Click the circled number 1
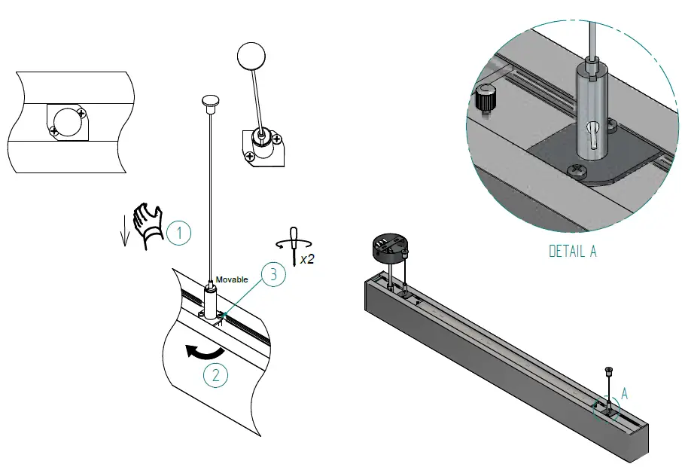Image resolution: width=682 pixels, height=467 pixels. coord(179,233)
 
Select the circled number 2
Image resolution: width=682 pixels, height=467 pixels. coord(215,375)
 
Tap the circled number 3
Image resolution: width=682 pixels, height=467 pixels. coord(273,275)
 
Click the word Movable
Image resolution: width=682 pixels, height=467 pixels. coord(232,279)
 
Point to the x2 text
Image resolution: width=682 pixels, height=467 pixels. coord(307,258)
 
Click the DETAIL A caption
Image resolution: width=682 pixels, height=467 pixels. coord(572,251)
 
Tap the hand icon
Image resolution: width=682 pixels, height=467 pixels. coord(148,224)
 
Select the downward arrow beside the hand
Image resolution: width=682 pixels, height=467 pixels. coord(126,234)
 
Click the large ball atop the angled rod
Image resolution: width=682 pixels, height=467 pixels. coord(251,56)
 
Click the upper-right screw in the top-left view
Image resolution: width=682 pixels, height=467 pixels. coord(81,114)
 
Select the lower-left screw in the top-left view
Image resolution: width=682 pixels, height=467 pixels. coord(53,131)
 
